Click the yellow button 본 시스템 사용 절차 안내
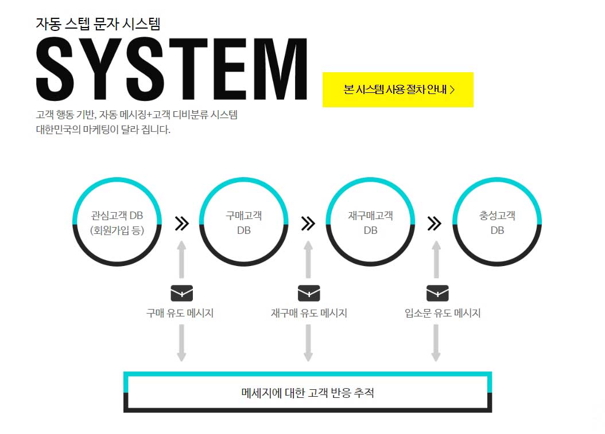coord(398,89)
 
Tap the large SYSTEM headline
coord(172,69)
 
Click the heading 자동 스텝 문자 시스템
coord(98,24)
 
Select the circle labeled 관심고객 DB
coord(117,222)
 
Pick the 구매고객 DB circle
coord(243,222)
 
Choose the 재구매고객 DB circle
coord(370,222)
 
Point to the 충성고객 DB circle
coord(497,222)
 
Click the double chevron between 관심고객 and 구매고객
coord(181,223)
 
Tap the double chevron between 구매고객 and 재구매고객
coord(308,223)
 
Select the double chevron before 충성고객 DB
coord(435,223)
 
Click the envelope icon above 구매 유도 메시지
coord(181,293)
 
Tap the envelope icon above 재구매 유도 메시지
coord(308,293)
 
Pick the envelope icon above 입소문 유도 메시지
coord(437,293)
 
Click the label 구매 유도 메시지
coord(180,314)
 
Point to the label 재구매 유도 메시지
coord(309,314)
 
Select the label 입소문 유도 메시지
coord(442,314)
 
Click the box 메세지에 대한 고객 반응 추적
coord(308,393)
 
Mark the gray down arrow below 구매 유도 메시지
coord(181,343)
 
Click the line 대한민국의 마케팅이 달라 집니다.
coord(103,130)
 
